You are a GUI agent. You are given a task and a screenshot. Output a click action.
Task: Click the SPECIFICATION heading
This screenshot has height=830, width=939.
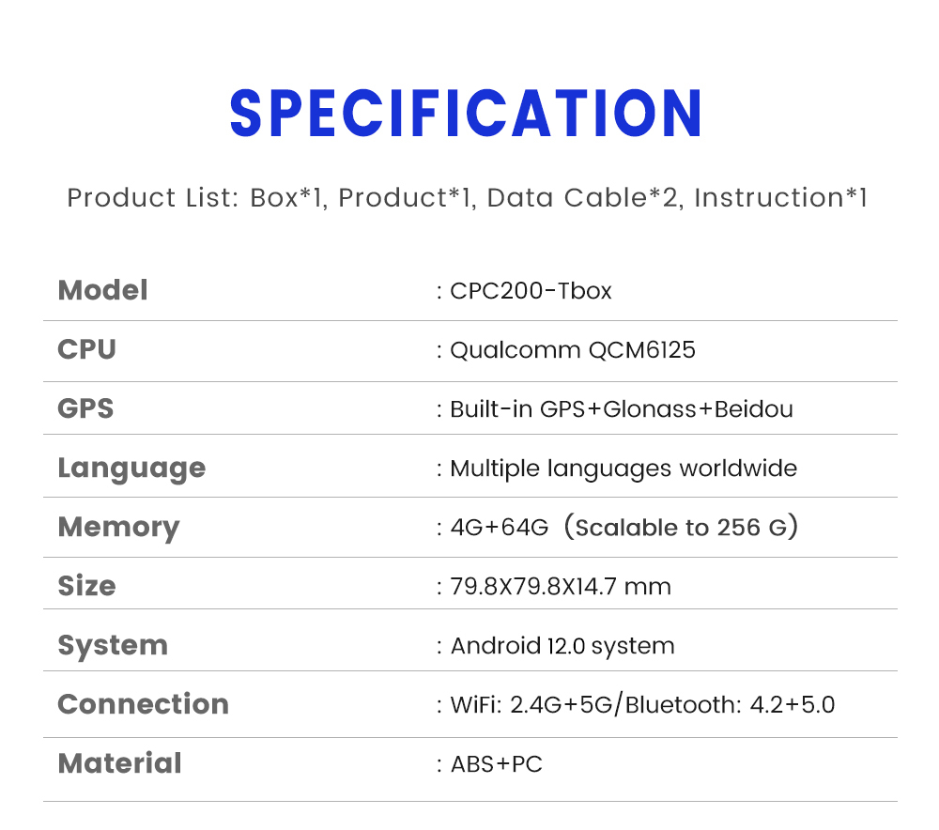click(466, 114)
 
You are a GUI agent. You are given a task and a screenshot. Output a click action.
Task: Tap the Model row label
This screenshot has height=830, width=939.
click(102, 290)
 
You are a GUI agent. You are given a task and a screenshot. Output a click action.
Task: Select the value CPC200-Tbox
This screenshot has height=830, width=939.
click(531, 291)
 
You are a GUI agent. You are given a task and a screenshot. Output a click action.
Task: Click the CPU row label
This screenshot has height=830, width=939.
click(86, 349)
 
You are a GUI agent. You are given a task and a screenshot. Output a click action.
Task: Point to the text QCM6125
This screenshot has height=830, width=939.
click(642, 350)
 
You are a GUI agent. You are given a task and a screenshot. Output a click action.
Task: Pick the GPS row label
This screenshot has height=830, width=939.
click(85, 408)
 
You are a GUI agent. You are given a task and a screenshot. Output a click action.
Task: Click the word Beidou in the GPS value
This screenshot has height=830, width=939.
click(754, 409)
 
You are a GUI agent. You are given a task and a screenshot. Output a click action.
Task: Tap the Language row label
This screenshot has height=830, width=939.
click(131, 469)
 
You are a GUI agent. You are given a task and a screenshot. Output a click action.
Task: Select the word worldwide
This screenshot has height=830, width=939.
click(738, 469)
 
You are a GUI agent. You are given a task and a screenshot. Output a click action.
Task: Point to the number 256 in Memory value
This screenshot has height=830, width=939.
click(738, 528)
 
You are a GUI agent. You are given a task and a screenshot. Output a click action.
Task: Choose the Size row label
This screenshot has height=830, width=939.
click(86, 586)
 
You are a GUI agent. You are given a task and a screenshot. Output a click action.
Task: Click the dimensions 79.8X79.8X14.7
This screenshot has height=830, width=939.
click(533, 587)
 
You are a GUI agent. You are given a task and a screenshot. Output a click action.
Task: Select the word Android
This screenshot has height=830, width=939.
click(496, 646)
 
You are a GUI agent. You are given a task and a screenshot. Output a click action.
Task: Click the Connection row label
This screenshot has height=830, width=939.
click(143, 704)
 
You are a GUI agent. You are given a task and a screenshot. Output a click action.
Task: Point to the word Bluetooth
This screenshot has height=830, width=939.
click(679, 705)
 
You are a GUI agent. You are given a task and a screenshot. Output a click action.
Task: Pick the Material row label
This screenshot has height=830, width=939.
click(120, 763)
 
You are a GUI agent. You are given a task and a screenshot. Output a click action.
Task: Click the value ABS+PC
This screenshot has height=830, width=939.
click(497, 764)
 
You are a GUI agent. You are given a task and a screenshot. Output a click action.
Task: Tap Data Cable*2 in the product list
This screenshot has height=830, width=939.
click(583, 197)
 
